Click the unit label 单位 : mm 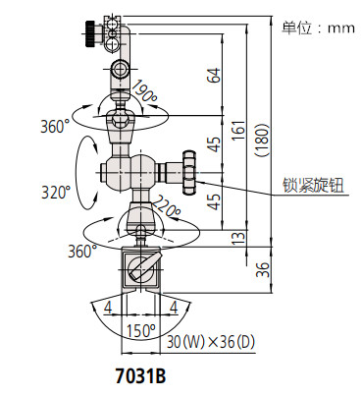click(x=318, y=28)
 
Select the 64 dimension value click(x=215, y=75)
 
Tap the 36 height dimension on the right click(x=260, y=269)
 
